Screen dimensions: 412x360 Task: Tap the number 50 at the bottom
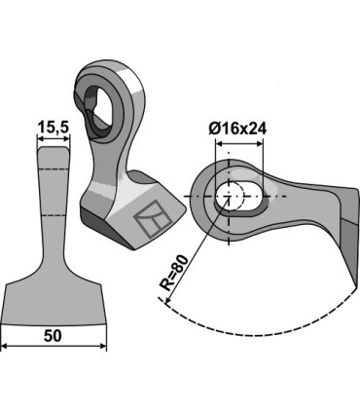tap(54, 335)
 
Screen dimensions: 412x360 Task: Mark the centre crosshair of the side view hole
tap(230, 196)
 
